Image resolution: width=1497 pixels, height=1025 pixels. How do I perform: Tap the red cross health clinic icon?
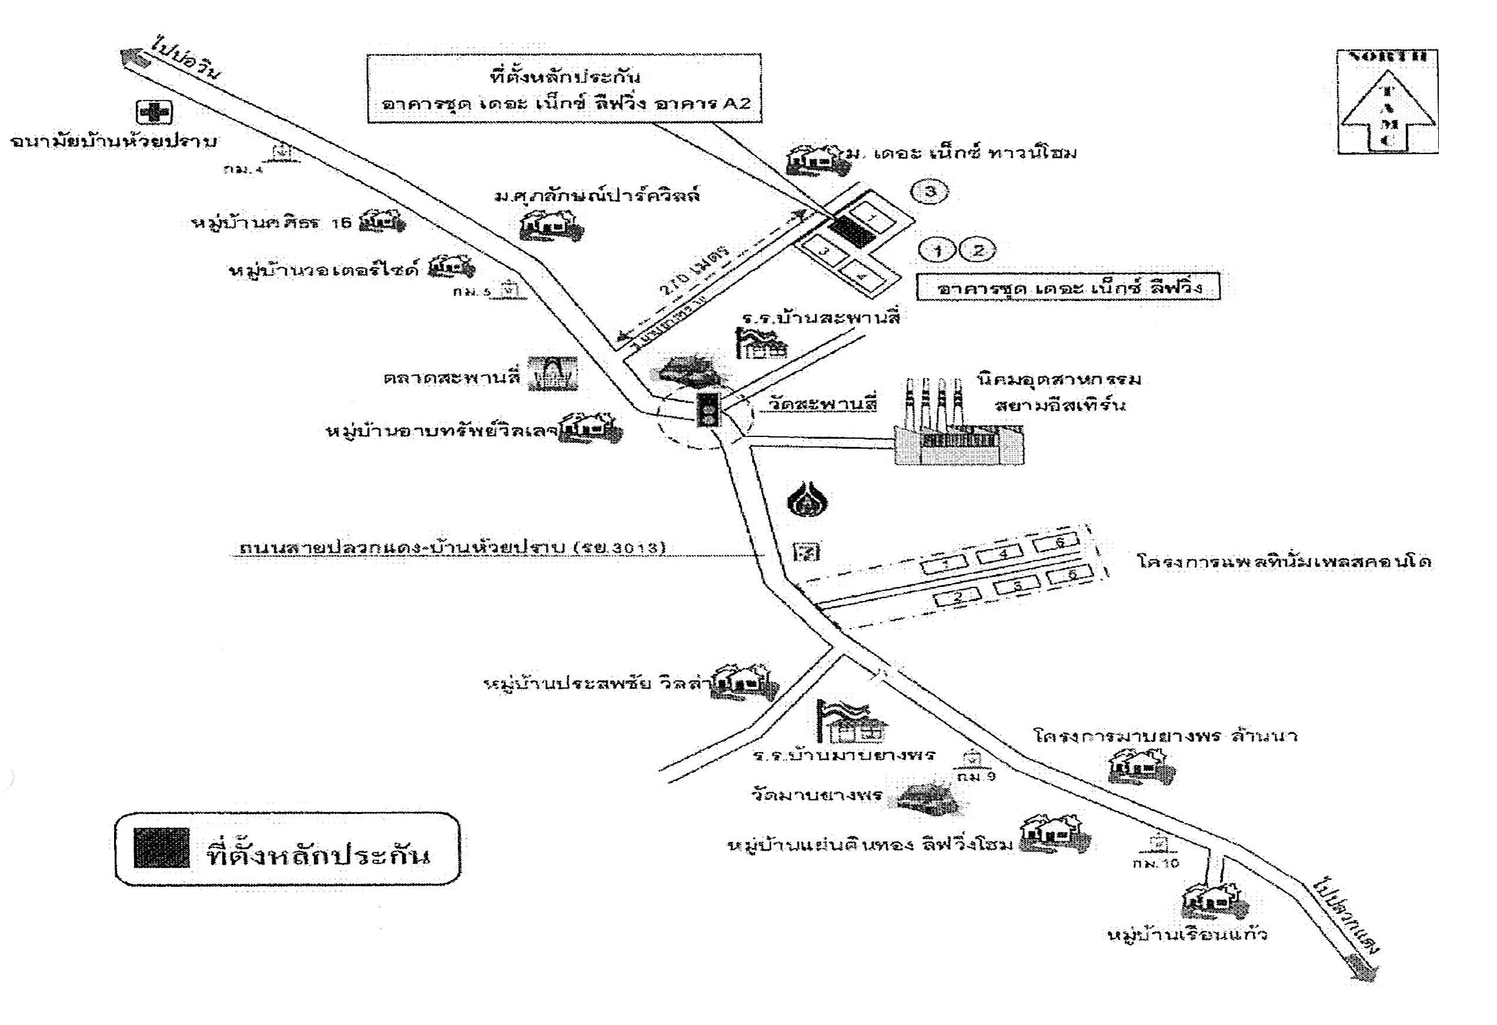point(154,113)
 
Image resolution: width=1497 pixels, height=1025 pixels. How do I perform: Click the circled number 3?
point(929,191)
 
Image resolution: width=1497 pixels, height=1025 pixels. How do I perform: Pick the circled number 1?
point(938,250)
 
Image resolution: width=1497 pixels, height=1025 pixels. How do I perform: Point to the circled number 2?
point(977,250)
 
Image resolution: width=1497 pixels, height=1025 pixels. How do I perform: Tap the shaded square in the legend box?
point(161,848)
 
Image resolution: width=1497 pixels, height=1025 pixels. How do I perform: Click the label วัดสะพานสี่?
point(822,404)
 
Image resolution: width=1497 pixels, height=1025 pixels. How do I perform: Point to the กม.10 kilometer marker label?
point(1155,863)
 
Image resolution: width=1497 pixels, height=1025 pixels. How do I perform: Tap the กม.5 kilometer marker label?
point(472,292)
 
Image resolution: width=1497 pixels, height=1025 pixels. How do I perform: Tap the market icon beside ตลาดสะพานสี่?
point(552,373)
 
